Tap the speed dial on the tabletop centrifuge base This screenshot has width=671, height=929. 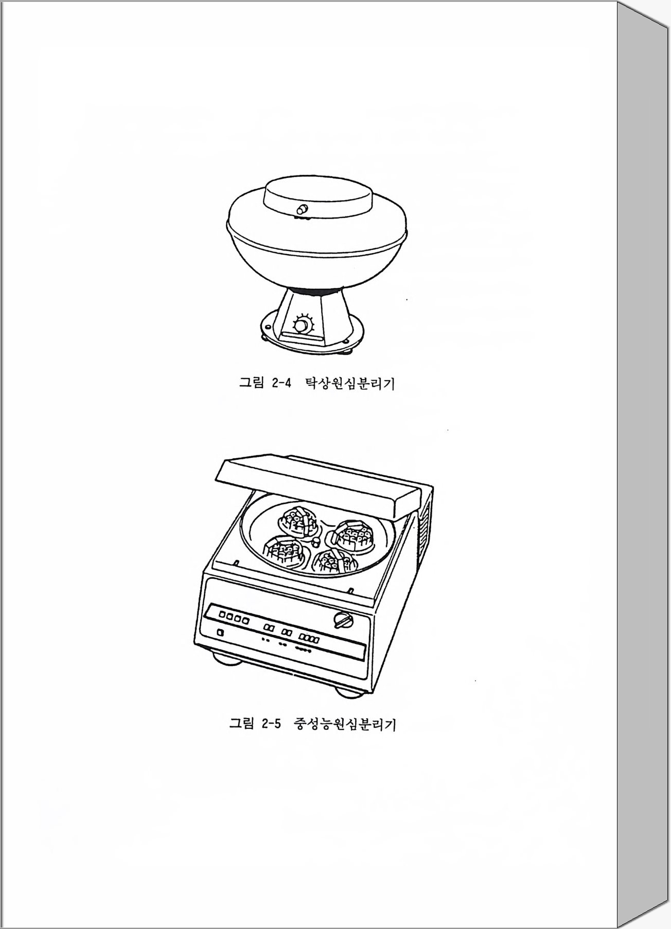302,325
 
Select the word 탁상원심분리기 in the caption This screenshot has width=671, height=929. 350,383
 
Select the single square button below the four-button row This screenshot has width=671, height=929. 221,634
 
